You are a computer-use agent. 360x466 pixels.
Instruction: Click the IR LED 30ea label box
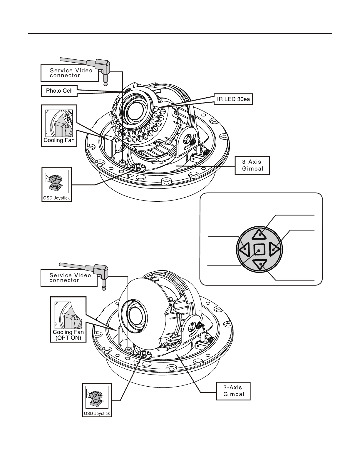[233, 99]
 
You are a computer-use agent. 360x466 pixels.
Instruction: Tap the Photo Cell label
[59, 91]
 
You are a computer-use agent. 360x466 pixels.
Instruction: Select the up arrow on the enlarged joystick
[259, 234]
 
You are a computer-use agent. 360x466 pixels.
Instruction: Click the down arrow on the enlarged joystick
[259, 264]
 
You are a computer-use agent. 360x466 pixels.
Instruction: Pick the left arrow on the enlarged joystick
[245, 249]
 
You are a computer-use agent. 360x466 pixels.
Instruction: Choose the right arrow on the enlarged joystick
[274, 249]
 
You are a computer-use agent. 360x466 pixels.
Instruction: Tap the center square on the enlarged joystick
[259, 250]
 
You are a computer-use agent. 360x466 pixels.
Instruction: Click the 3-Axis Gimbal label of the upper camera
[252, 165]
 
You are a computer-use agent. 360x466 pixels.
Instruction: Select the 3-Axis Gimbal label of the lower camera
[233, 391]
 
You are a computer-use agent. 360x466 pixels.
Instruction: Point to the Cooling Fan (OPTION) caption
[68, 335]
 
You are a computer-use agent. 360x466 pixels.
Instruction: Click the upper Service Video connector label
[70, 73]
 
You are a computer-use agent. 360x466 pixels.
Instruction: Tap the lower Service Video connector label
[69, 278]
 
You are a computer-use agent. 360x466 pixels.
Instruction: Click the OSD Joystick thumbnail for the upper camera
[56, 184]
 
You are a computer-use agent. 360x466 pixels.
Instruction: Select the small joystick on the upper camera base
[138, 167]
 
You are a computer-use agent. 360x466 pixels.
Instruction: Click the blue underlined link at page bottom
[58, 463]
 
